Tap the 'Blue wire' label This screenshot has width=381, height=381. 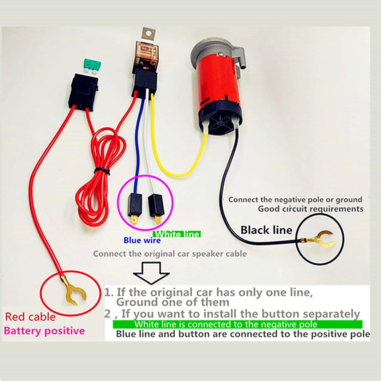(142, 241)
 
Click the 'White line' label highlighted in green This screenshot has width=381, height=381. (177, 234)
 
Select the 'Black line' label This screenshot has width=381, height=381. (266, 230)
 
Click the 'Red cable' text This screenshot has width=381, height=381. (30, 317)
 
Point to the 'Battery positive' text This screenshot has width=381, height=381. (44, 331)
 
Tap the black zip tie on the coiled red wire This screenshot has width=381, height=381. (102, 171)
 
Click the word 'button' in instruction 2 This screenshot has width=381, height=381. (281, 314)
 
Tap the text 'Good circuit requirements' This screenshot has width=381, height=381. (310, 208)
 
